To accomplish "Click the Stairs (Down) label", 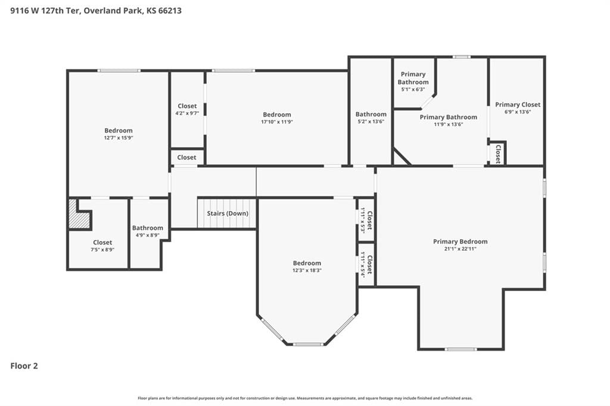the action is pos(228,213).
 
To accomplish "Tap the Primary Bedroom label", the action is pos(460,242).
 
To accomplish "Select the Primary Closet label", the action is pos(518,105).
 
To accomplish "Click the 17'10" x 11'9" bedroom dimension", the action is pos(276,121).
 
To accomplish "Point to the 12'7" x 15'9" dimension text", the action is pos(119,138).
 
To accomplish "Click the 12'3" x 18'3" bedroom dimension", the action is pos(307,270).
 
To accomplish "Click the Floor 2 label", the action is pos(24,366).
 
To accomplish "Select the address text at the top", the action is pos(96,11).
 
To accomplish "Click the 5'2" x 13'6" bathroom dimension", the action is pos(371,121).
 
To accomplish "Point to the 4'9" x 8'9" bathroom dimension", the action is pos(148,235).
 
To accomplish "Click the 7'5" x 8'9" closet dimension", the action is pos(102,249).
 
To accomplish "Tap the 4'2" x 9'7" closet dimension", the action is pos(187,113).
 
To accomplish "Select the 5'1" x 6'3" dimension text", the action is pos(413,89).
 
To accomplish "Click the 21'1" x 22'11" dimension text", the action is pos(460,249).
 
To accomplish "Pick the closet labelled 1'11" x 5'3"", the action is pos(366,220).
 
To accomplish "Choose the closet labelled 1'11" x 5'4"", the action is pos(366,265).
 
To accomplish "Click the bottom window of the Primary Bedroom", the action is pos(460,349).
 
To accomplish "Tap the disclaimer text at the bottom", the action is pos(305,398).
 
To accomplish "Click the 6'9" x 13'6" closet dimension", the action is pos(518,112).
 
